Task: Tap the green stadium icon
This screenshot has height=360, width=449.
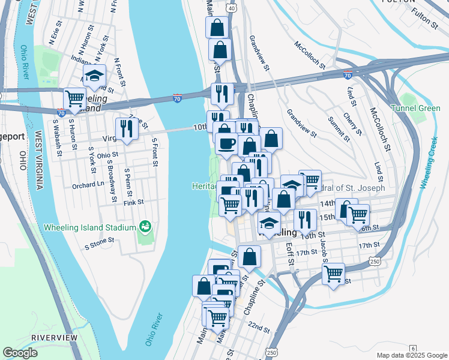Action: click(x=145, y=227)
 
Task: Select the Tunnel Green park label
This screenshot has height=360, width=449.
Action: click(x=415, y=108)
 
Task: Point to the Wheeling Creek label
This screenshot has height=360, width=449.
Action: click(x=433, y=164)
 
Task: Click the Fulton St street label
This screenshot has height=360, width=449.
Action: click(x=425, y=19)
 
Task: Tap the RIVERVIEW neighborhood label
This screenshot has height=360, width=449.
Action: click(x=55, y=338)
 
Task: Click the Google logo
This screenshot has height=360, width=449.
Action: click(x=20, y=353)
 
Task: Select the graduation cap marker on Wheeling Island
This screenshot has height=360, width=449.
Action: click(x=94, y=76)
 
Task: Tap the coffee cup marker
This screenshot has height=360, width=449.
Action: click(x=226, y=143)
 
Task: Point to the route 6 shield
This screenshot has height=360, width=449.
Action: click(x=413, y=349)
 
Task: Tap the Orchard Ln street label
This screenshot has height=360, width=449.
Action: click(x=88, y=185)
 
